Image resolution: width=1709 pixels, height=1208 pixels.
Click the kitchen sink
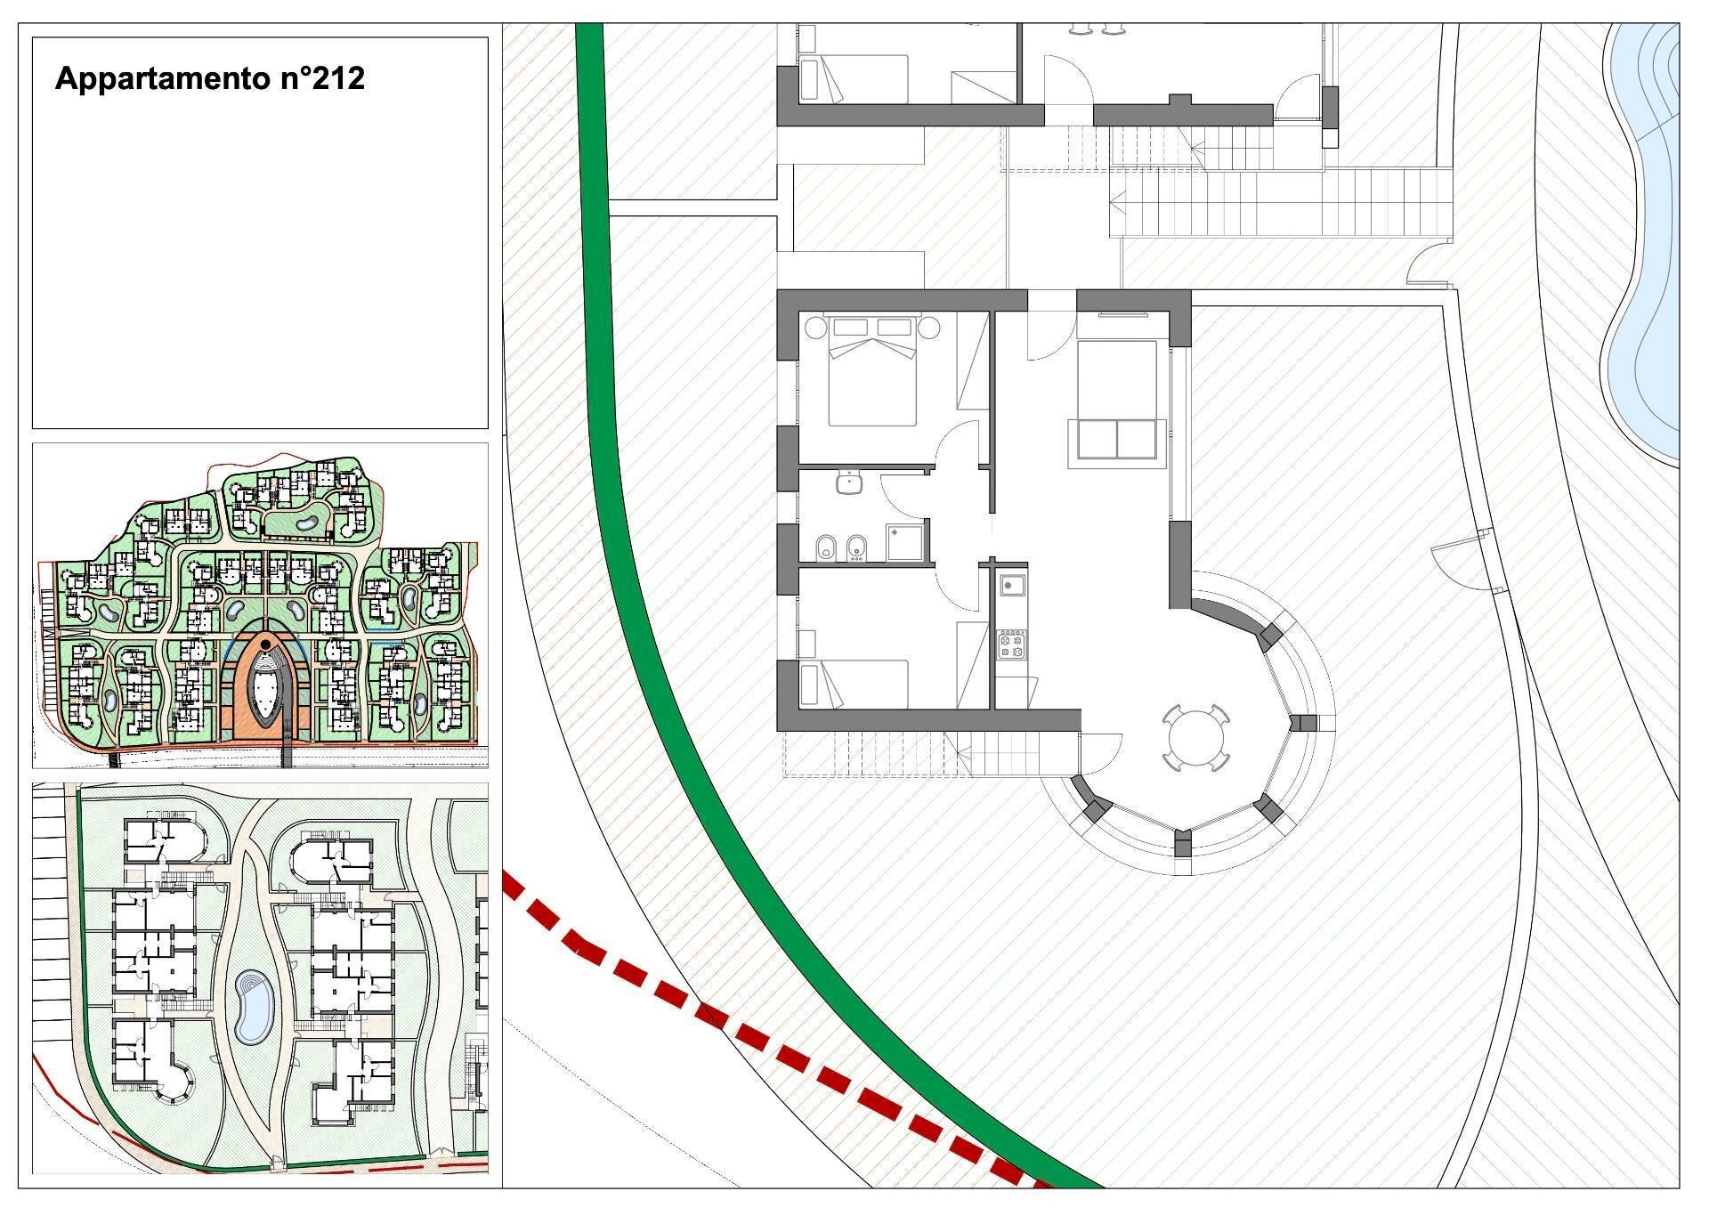pyautogui.click(x=1011, y=586)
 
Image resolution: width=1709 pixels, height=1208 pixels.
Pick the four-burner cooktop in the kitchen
pyautogui.click(x=1012, y=645)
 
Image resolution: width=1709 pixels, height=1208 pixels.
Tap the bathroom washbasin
pyautogui.click(x=850, y=482)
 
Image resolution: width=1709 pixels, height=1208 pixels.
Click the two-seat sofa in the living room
pyautogui.click(x=1117, y=440)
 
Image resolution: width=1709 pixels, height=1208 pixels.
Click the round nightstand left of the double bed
pyautogui.click(x=814, y=328)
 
